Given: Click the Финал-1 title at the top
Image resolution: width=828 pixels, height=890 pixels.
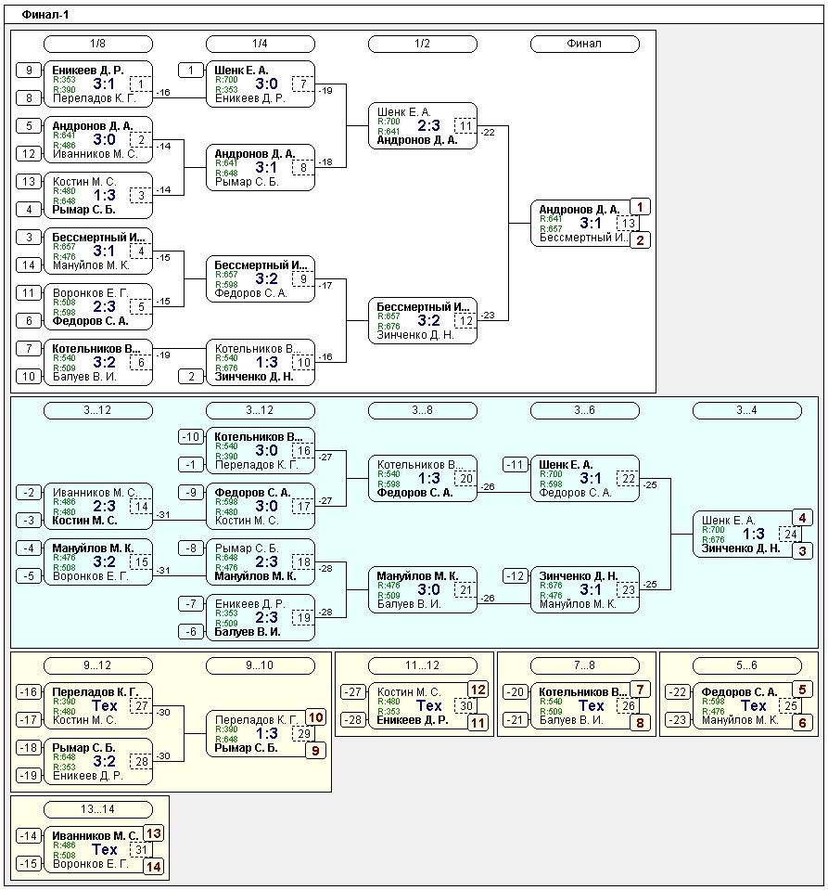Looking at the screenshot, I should pos(45,16).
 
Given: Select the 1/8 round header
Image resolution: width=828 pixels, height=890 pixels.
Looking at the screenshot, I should pos(98,44).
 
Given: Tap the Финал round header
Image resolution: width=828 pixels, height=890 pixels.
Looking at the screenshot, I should pos(584,44).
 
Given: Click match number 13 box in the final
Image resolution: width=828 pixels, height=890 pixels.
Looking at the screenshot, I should pos(629,223).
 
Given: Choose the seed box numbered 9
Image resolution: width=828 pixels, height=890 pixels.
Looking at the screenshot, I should pos(29,71).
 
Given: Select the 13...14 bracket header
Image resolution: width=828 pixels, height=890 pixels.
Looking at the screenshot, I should pos(98,809).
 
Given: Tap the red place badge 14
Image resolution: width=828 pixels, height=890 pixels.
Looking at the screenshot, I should pos(154,865).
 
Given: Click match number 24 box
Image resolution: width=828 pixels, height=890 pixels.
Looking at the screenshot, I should pos(790,534).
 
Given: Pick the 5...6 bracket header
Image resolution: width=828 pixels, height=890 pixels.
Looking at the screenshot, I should pos(746,665).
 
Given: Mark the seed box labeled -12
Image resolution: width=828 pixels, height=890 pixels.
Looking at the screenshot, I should pos(516,576).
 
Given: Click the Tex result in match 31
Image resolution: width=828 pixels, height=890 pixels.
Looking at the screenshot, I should pos(105,849).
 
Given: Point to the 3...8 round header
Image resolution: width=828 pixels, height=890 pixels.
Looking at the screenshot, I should pos(422,410).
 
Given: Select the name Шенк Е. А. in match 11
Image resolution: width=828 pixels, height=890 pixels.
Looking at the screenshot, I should pos(396,111).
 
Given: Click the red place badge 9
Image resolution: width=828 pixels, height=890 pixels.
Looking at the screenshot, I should pos(316,749).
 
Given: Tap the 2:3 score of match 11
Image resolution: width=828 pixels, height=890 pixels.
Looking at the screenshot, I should pos(422,125).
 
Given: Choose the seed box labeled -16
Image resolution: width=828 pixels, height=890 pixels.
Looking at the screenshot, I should pos(29,692).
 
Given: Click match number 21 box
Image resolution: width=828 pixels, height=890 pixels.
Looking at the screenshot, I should pos(465,589).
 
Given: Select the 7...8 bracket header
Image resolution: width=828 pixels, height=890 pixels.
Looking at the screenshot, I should pos(584,665).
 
